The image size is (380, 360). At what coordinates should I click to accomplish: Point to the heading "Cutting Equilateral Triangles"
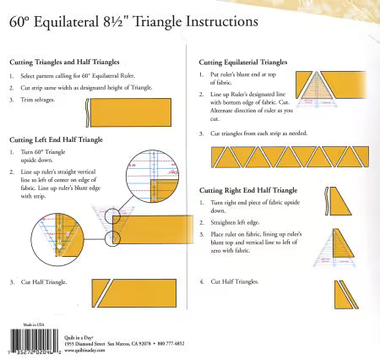pos(244,63)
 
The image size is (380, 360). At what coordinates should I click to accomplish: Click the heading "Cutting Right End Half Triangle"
pos(249,191)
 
